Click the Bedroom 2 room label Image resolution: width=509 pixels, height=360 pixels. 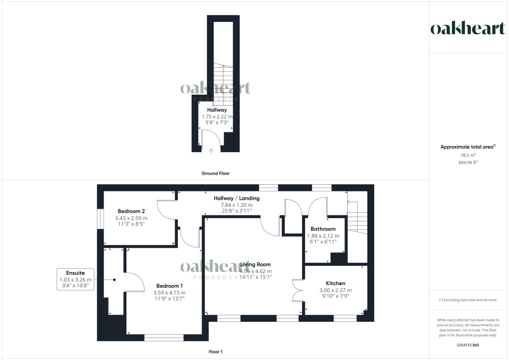[x=131, y=211]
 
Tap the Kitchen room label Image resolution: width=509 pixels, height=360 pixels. [x=335, y=283]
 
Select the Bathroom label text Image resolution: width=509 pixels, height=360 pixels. [x=323, y=229]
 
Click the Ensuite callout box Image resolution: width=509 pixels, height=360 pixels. [x=75, y=279]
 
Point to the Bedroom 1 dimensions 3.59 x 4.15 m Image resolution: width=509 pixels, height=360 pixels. [x=169, y=293]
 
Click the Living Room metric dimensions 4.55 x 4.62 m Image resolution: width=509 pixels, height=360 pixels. [x=256, y=271]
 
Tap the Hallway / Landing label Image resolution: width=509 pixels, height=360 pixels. [x=236, y=198]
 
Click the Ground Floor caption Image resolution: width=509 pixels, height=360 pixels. [x=215, y=173]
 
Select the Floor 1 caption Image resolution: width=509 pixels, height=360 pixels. [x=215, y=352]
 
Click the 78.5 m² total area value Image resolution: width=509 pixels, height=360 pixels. [x=468, y=155]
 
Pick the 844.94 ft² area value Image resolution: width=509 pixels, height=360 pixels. [x=468, y=163]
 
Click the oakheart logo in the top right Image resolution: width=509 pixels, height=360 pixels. [x=468, y=29]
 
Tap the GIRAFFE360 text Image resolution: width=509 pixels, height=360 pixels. [x=468, y=345]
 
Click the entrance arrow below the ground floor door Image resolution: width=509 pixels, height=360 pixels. [x=211, y=151]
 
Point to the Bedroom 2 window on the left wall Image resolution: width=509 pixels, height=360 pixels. [x=100, y=219]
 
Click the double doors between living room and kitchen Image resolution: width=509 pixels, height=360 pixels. [x=297, y=290]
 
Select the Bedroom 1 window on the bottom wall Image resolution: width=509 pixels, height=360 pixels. [x=164, y=338]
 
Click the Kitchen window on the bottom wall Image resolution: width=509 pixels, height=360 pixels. [x=345, y=319]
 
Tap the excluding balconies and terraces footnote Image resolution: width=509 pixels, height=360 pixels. [x=468, y=300]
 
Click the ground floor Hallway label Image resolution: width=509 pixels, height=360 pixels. [x=217, y=110]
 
